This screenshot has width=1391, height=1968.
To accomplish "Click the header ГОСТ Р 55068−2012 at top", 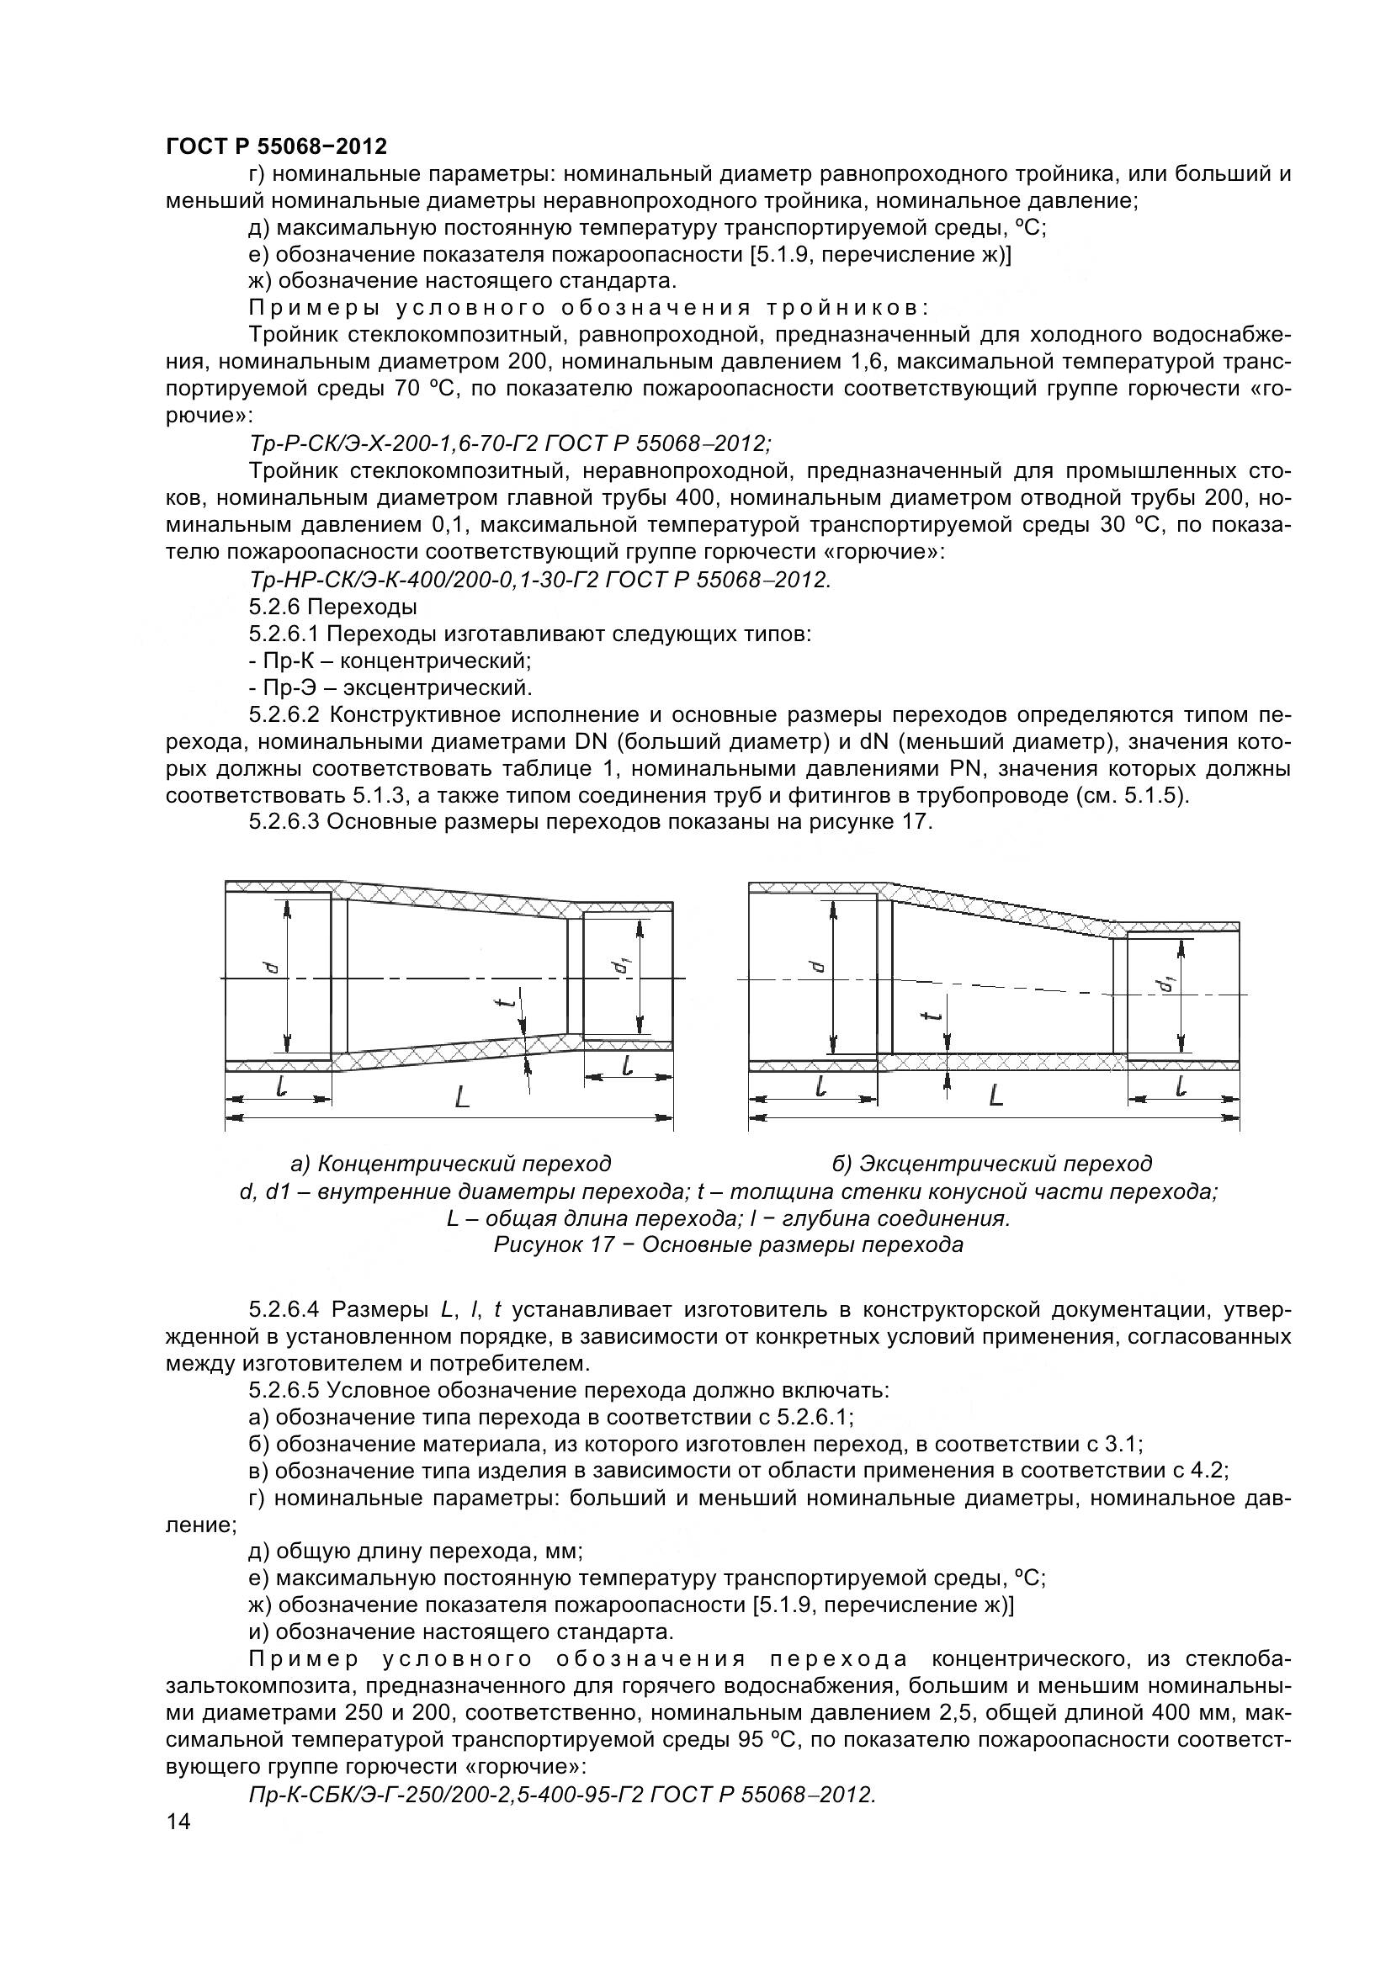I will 276,146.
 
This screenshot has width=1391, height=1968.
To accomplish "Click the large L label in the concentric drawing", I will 462,1095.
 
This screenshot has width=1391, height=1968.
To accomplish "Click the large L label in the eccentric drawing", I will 995,1095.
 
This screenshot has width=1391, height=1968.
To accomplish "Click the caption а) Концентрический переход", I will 451,1163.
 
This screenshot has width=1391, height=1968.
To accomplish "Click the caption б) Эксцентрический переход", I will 991,1163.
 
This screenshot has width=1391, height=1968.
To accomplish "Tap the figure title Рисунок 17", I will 728,1244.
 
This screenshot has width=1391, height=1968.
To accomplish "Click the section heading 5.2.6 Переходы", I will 332,607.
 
